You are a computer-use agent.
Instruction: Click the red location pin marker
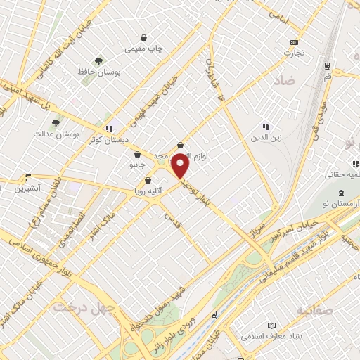(x=180, y=166)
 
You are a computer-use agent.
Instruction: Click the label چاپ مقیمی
(x=143, y=49)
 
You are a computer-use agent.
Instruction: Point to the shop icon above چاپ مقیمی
(x=143, y=37)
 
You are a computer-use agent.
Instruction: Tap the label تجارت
(x=294, y=53)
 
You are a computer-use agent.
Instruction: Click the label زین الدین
(x=266, y=138)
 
